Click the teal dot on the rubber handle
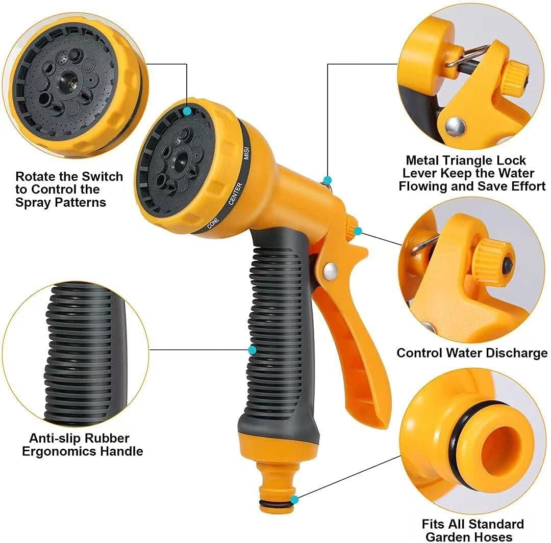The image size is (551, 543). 252,350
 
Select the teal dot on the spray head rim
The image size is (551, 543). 187,111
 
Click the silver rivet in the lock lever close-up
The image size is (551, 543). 455,126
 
